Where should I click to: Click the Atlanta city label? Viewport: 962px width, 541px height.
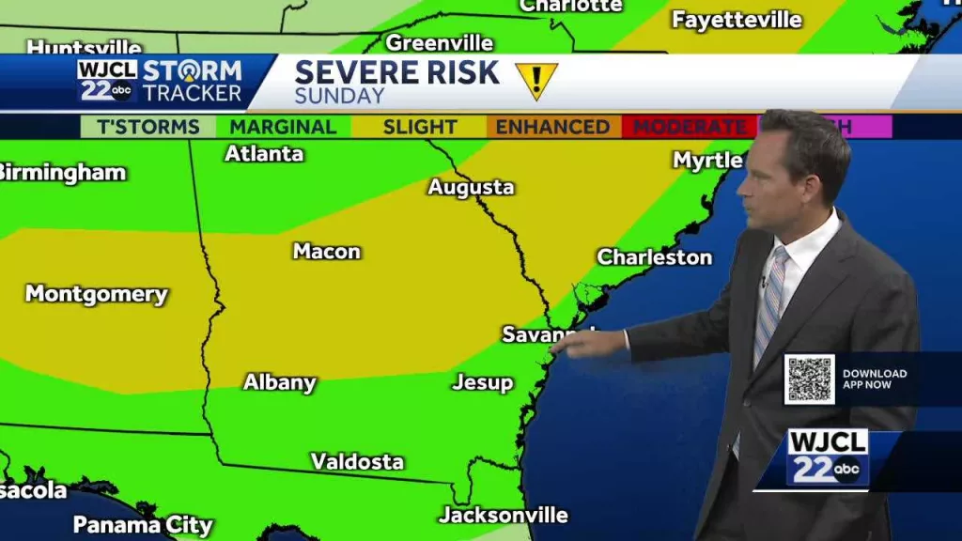264,153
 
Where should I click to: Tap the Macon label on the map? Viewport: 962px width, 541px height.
327,251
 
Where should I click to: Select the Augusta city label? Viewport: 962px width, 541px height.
472,187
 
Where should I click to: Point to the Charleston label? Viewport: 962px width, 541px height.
655,256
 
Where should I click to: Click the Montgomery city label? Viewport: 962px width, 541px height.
97,294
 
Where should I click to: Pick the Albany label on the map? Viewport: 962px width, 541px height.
280,382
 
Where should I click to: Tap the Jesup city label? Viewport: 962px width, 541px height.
483,382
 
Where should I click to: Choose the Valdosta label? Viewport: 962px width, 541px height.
358,461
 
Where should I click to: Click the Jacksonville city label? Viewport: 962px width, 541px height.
504,515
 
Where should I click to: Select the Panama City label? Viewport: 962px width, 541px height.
143,525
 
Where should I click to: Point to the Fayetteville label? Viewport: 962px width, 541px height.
737,20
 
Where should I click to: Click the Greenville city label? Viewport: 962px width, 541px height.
440,43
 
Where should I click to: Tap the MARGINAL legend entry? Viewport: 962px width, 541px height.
283,127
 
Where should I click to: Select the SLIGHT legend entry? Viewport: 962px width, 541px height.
420,127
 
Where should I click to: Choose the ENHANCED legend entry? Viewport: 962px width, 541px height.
553,127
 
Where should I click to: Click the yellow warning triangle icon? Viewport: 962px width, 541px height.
536,80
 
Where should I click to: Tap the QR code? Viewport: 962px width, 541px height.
809,379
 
